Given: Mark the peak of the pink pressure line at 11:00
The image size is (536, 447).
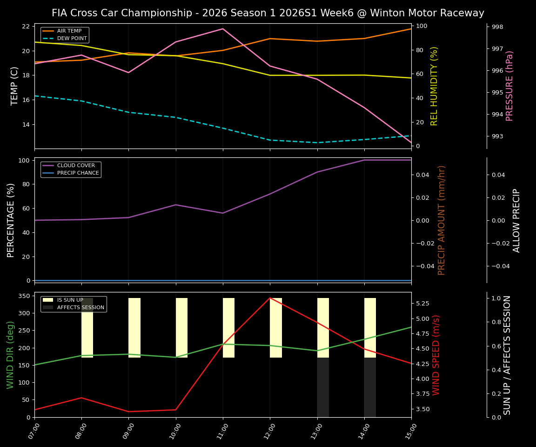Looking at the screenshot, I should point(223,29).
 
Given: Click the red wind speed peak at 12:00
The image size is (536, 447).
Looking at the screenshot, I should point(270,298).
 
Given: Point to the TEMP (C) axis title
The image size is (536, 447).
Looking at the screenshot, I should point(14,86).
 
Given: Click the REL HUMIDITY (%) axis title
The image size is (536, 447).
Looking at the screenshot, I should point(434,86).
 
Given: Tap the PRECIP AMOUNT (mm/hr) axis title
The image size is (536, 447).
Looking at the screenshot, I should point(442,220).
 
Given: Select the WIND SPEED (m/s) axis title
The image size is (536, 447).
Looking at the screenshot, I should point(436,355).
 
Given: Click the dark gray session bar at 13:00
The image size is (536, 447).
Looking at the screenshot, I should point(323,387).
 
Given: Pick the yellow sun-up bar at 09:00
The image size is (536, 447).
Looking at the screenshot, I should point(134,328).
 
